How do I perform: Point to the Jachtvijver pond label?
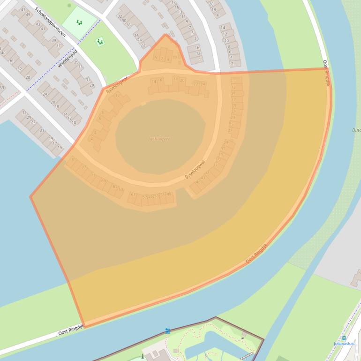pyautogui.click(x=159, y=139)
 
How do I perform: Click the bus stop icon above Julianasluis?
pyautogui.click(x=344, y=338)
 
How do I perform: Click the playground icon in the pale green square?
pyautogui.click(x=79, y=22)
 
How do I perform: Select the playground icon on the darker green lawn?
pyautogui.click(x=99, y=42)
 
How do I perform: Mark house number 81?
pyautogui.click(x=74, y=160)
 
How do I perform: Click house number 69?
pyautogui.click(x=104, y=181)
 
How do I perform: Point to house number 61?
pyautogui.click(x=133, y=195)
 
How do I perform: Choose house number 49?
pyautogui.click(x=169, y=195)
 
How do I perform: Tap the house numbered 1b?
pyautogui.click(x=197, y=48)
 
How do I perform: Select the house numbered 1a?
pyautogui.click(x=198, y=54)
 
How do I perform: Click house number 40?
pyautogui.click(x=3, y=53)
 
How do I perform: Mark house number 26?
pyautogui.click(x=136, y=35)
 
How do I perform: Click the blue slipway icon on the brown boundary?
pyautogui.click(x=167, y=331)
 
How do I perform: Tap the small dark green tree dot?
pyautogui.click(x=69, y=5)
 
